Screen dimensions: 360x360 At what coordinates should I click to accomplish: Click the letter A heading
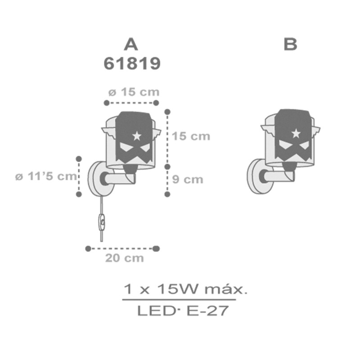coord(131,45)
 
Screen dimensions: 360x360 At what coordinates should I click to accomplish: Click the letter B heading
coord(290,44)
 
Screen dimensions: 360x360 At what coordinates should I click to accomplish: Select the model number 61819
coord(132,63)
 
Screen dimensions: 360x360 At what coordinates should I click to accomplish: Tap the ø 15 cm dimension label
coord(134,92)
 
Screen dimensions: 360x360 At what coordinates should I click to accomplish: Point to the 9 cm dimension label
coord(188,179)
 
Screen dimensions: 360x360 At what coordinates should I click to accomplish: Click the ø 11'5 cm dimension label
coord(46,176)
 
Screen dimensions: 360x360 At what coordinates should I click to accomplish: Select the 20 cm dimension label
coord(125,258)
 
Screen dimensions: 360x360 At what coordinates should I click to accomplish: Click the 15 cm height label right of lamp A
coord(191,136)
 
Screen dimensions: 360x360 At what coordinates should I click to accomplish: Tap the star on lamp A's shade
coord(137,136)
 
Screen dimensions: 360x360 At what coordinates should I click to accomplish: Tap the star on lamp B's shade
coord(296,133)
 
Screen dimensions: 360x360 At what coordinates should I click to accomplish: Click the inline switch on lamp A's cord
coord(102,222)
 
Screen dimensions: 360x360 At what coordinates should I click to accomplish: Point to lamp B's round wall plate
coord(260,176)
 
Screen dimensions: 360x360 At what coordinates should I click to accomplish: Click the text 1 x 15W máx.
coord(185,289)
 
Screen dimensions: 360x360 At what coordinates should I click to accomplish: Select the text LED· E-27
coord(183,310)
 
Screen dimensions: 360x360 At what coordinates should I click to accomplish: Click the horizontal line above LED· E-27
coord(179,300)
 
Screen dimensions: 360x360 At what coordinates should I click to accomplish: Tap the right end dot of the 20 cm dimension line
coord(156,248)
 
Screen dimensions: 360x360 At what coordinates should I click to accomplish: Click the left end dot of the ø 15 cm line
coord(107,103)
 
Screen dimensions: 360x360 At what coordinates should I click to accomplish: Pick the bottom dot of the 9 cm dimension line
coord(167,194)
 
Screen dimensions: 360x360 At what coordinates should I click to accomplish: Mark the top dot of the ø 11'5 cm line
coord(79,159)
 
